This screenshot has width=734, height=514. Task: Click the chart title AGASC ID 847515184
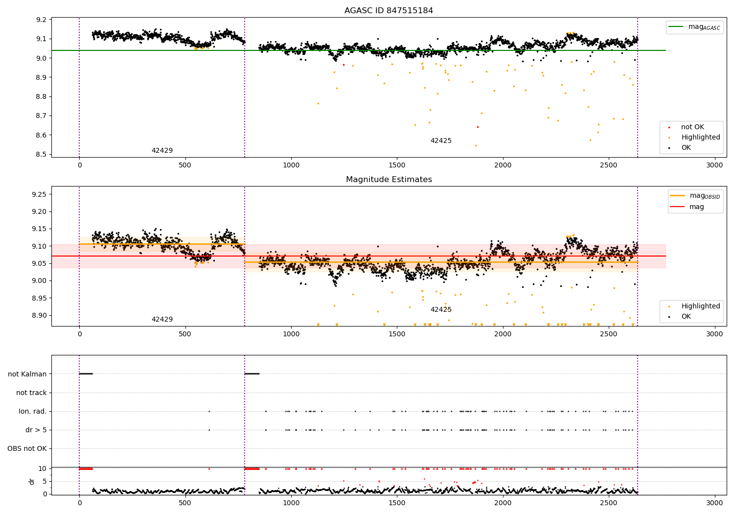point(389,11)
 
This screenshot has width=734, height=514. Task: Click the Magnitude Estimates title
point(389,180)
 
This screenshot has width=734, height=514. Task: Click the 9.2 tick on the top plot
point(41,20)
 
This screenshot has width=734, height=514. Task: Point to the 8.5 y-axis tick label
point(41,154)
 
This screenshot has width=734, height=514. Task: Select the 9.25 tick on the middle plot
point(39,194)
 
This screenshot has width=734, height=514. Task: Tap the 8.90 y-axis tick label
point(39,315)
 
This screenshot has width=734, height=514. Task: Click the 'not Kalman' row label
point(27,374)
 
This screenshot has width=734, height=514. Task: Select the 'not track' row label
point(31,393)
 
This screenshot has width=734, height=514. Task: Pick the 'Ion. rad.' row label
point(33,411)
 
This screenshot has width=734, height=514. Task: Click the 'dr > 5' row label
point(36,430)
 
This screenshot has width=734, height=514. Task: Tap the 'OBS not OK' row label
point(27,448)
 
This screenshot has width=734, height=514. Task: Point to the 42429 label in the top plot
point(162,151)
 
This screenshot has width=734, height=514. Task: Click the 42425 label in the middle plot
point(441,309)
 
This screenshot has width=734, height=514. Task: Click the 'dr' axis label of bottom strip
point(32,481)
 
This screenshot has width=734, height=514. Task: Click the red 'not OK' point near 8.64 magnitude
point(478,127)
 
